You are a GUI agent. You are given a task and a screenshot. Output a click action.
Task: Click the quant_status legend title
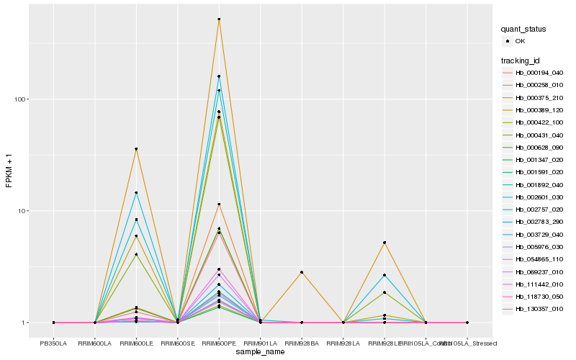coord(523,30)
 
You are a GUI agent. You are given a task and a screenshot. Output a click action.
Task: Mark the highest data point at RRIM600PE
coord(219,19)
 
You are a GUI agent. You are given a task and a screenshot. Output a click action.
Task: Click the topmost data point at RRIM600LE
coord(136,149)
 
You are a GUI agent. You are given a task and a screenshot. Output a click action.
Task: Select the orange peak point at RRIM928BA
coord(302,272)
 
